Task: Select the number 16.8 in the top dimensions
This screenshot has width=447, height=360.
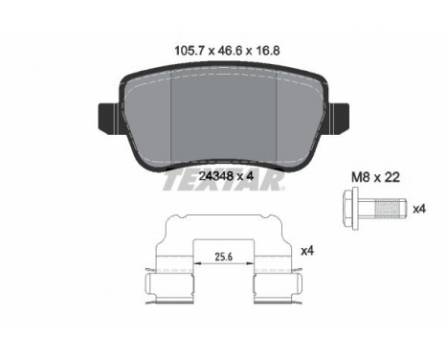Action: click(x=267, y=51)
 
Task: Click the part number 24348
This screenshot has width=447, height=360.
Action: click(x=215, y=176)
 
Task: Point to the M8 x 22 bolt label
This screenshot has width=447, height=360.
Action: click(x=375, y=177)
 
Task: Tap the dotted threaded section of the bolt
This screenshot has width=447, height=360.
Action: click(x=388, y=208)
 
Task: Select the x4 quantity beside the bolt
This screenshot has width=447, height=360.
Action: click(x=419, y=210)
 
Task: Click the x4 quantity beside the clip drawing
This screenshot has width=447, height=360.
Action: click(x=307, y=251)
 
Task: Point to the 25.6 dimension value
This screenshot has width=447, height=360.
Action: click(x=223, y=257)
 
